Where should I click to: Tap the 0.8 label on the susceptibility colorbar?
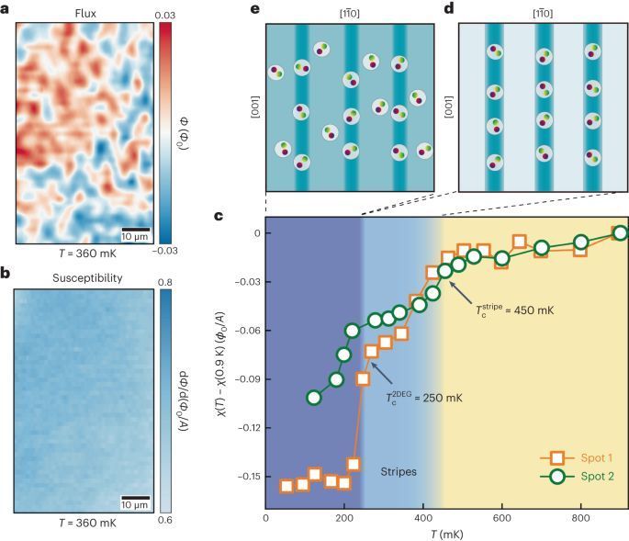pos(167,281)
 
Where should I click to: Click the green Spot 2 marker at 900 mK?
pos(620,232)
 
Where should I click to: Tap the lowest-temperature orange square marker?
pos(286,486)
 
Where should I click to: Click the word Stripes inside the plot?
pos(399,471)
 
